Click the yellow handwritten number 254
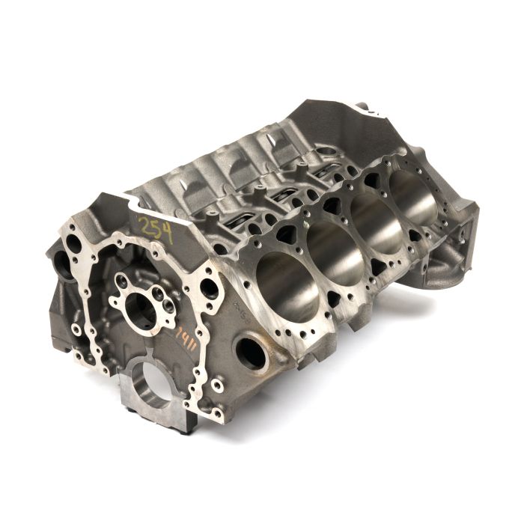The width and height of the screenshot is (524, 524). (155, 229)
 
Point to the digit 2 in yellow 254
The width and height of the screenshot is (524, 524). (143, 225)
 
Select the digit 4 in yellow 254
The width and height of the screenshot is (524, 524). (167, 234)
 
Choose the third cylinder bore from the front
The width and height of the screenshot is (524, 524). (375, 224)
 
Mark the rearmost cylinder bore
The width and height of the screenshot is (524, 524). (414, 197)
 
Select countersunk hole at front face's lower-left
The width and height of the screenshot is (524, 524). (76, 329)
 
